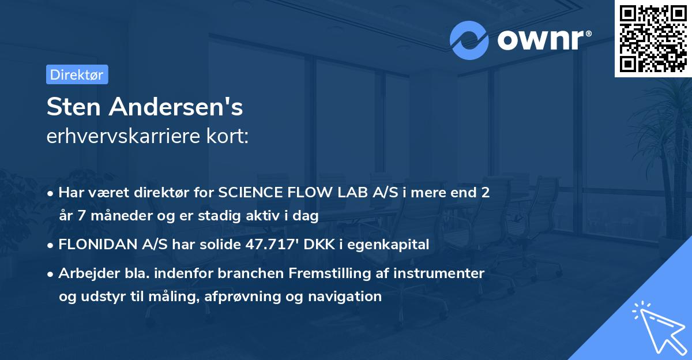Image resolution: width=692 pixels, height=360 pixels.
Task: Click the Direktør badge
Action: click(77, 74)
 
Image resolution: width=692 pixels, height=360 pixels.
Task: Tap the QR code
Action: click(653, 38)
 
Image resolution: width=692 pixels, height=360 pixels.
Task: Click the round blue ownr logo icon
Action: click(469, 40)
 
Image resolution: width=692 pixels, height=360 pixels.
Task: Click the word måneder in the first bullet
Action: click(109, 216)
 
